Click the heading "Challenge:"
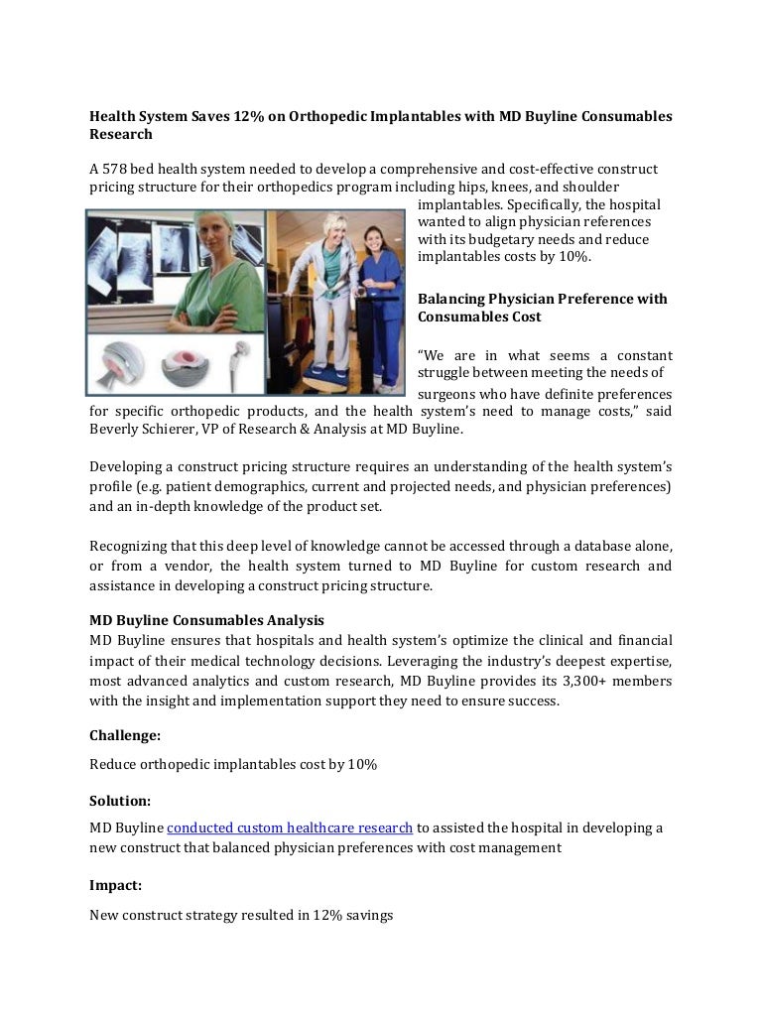125,736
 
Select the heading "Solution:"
120,800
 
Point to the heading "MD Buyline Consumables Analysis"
206,620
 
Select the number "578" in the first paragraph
115,170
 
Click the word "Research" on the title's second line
121,134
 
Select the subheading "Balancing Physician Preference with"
543,299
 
